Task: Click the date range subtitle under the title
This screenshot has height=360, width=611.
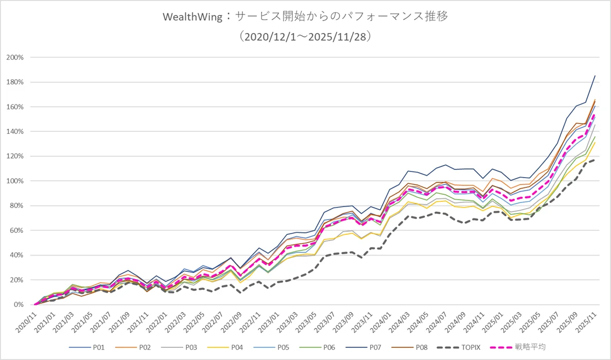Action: click(305, 37)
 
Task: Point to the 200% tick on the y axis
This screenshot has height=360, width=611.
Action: click(15, 57)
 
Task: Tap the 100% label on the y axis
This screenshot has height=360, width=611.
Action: click(15, 181)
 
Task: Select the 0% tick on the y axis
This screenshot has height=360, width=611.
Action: click(19, 304)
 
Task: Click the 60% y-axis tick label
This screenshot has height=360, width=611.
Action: click(16, 230)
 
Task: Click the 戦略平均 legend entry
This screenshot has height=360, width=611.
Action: click(531, 348)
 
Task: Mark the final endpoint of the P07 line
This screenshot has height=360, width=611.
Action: click(595, 76)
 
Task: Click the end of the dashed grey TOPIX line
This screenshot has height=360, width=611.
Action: click(595, 160)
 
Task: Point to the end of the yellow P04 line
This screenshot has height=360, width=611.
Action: click(595, 142)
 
